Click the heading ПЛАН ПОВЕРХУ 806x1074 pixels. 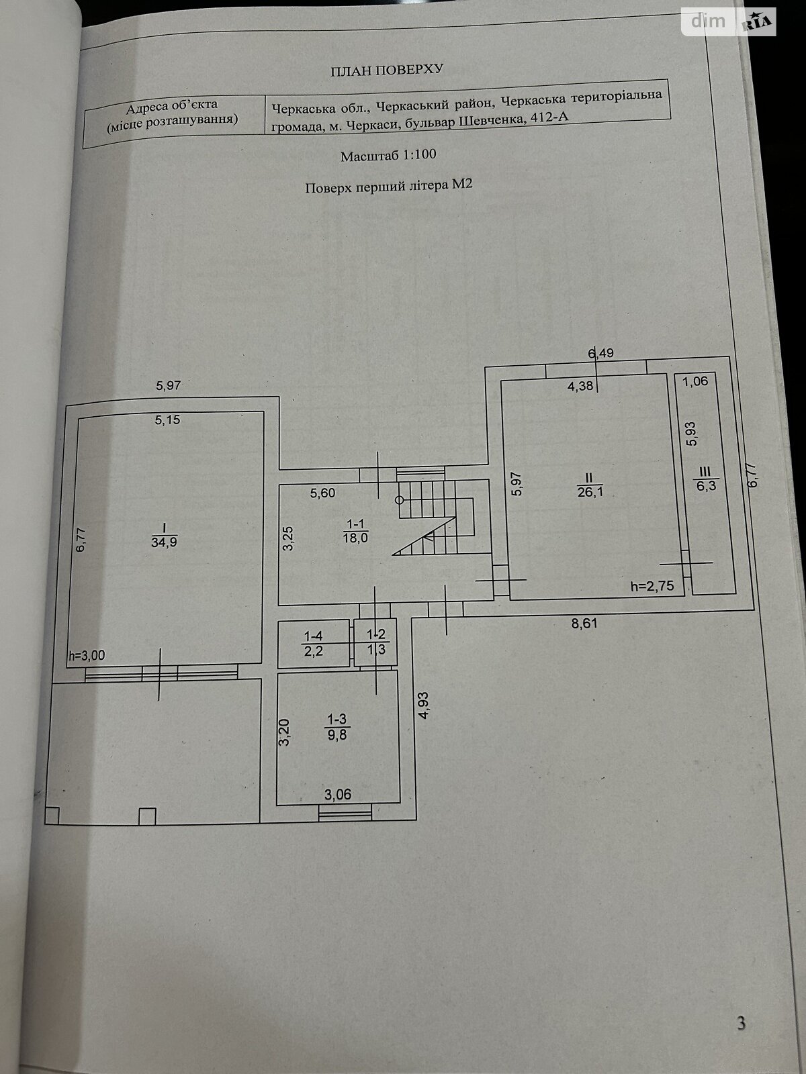(x=388, y=69)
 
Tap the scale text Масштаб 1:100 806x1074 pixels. (x=388, y=155)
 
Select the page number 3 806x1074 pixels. (x=741, y=1023)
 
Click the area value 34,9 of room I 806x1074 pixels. (x=164, y=542)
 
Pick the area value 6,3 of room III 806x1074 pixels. (x=705, y=486)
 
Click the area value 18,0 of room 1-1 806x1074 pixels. (x=355, y=537)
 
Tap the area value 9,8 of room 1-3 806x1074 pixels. (x=337, y=734)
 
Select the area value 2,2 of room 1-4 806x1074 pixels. (x=314, y=649)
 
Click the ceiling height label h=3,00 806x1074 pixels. (x=87, y=656)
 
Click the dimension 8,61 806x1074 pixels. (x=584, y=623)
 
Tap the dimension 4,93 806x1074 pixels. (x=424, y=705)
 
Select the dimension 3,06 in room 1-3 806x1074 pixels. (x=338, y=795)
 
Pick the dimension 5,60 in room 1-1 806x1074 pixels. (x=322, y=493)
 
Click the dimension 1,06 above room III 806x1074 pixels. (x=695, y=382)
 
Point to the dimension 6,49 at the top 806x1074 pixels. (x=600, y=353)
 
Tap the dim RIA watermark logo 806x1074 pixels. (x=729, y=22)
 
